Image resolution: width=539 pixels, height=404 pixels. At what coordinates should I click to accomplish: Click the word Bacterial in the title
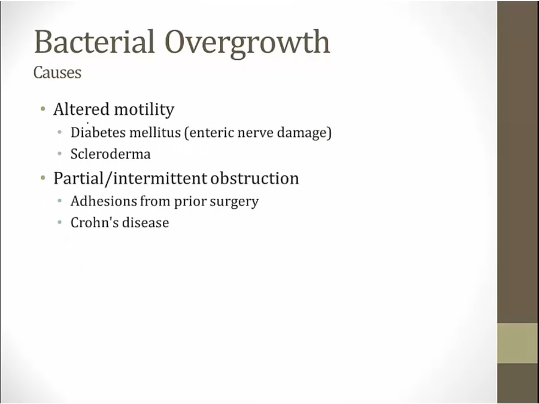94,42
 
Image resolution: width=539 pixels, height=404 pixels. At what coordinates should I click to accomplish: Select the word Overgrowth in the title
247,44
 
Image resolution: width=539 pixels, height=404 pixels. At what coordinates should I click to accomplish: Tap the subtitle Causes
57,72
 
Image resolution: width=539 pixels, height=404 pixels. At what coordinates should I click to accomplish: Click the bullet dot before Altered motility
43,110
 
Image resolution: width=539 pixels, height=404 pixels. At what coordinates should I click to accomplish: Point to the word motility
144,110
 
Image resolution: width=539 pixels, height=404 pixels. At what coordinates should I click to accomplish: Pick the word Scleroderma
111,154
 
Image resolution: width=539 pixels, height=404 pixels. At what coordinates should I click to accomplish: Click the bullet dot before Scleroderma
60,154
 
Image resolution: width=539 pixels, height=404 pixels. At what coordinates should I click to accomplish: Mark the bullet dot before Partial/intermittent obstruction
43,178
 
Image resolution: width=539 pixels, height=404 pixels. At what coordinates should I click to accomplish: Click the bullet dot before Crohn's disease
60,222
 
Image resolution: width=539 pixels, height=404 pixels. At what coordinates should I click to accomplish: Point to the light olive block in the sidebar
517,343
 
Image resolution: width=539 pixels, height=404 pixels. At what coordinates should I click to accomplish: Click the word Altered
81,110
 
